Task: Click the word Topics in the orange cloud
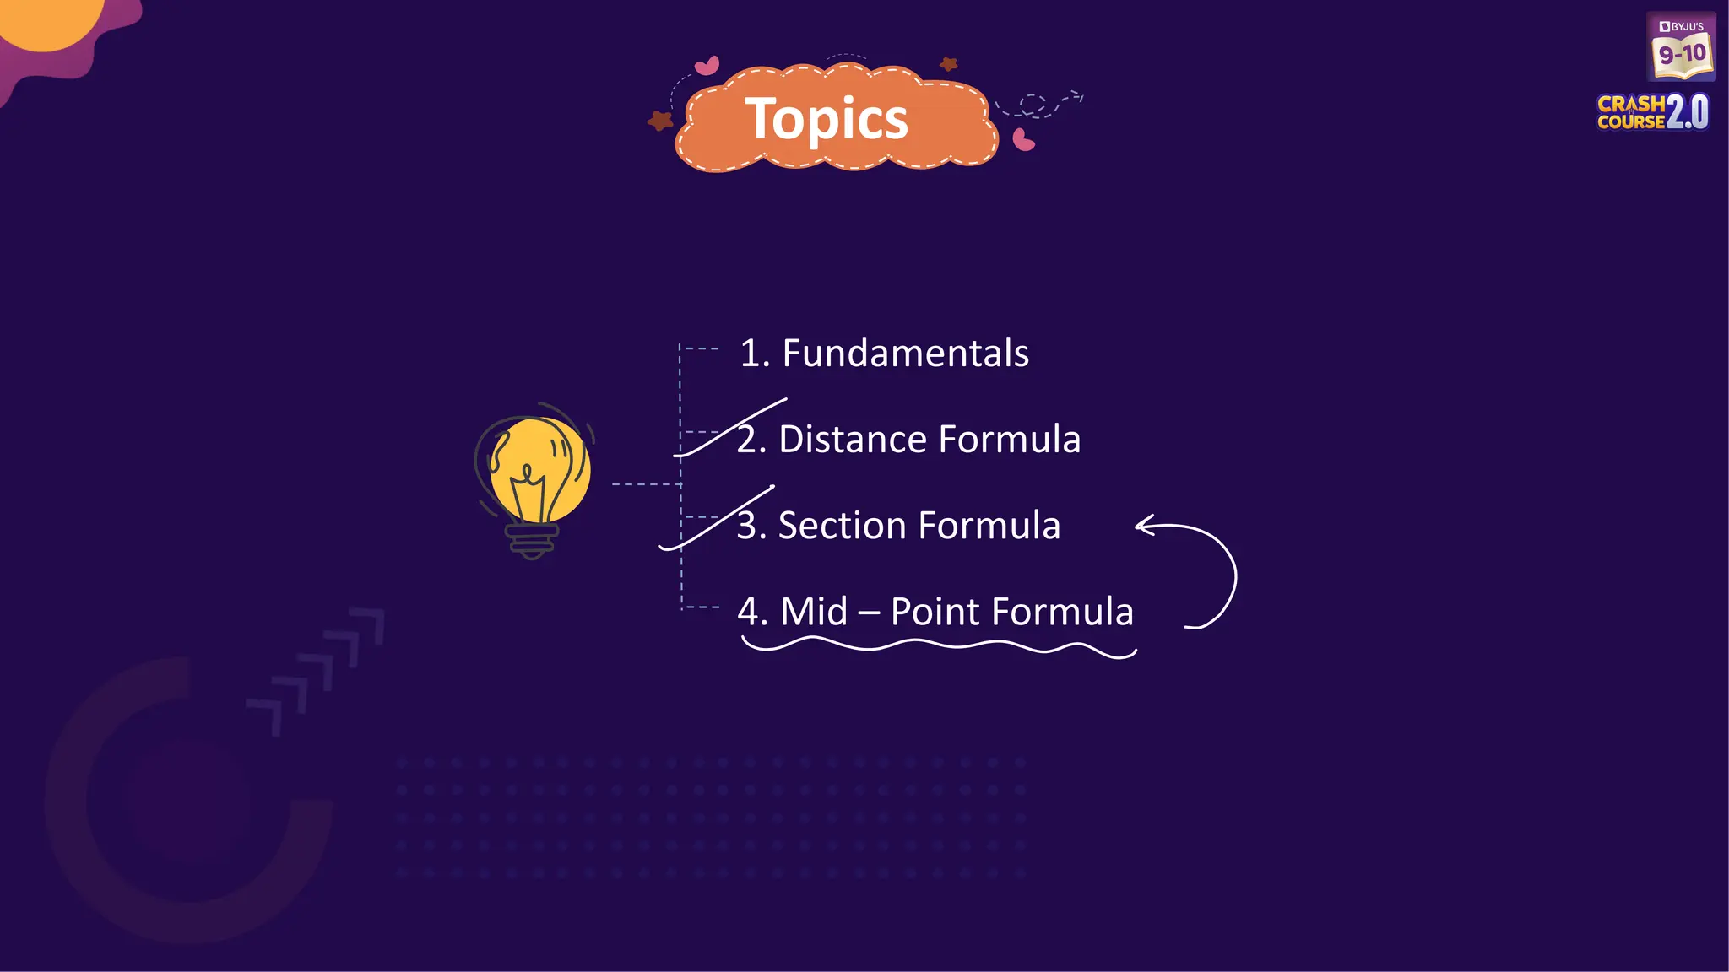(x=826, y=120)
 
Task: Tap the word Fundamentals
(x=905, y=353)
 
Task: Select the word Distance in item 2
(x=852, y=440)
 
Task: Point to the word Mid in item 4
(x=814, y=612)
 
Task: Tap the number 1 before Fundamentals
(x=749, y=354)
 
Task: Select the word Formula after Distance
(x=1009, y=440)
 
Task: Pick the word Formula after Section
(x=989, y=526)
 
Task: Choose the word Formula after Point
(x=1062, y=612)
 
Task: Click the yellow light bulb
(x=538, y=469)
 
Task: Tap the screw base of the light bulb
(x=532, y=541)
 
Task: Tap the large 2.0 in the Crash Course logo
(x=1688, y=112)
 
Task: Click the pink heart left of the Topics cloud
(x=707, y=65)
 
